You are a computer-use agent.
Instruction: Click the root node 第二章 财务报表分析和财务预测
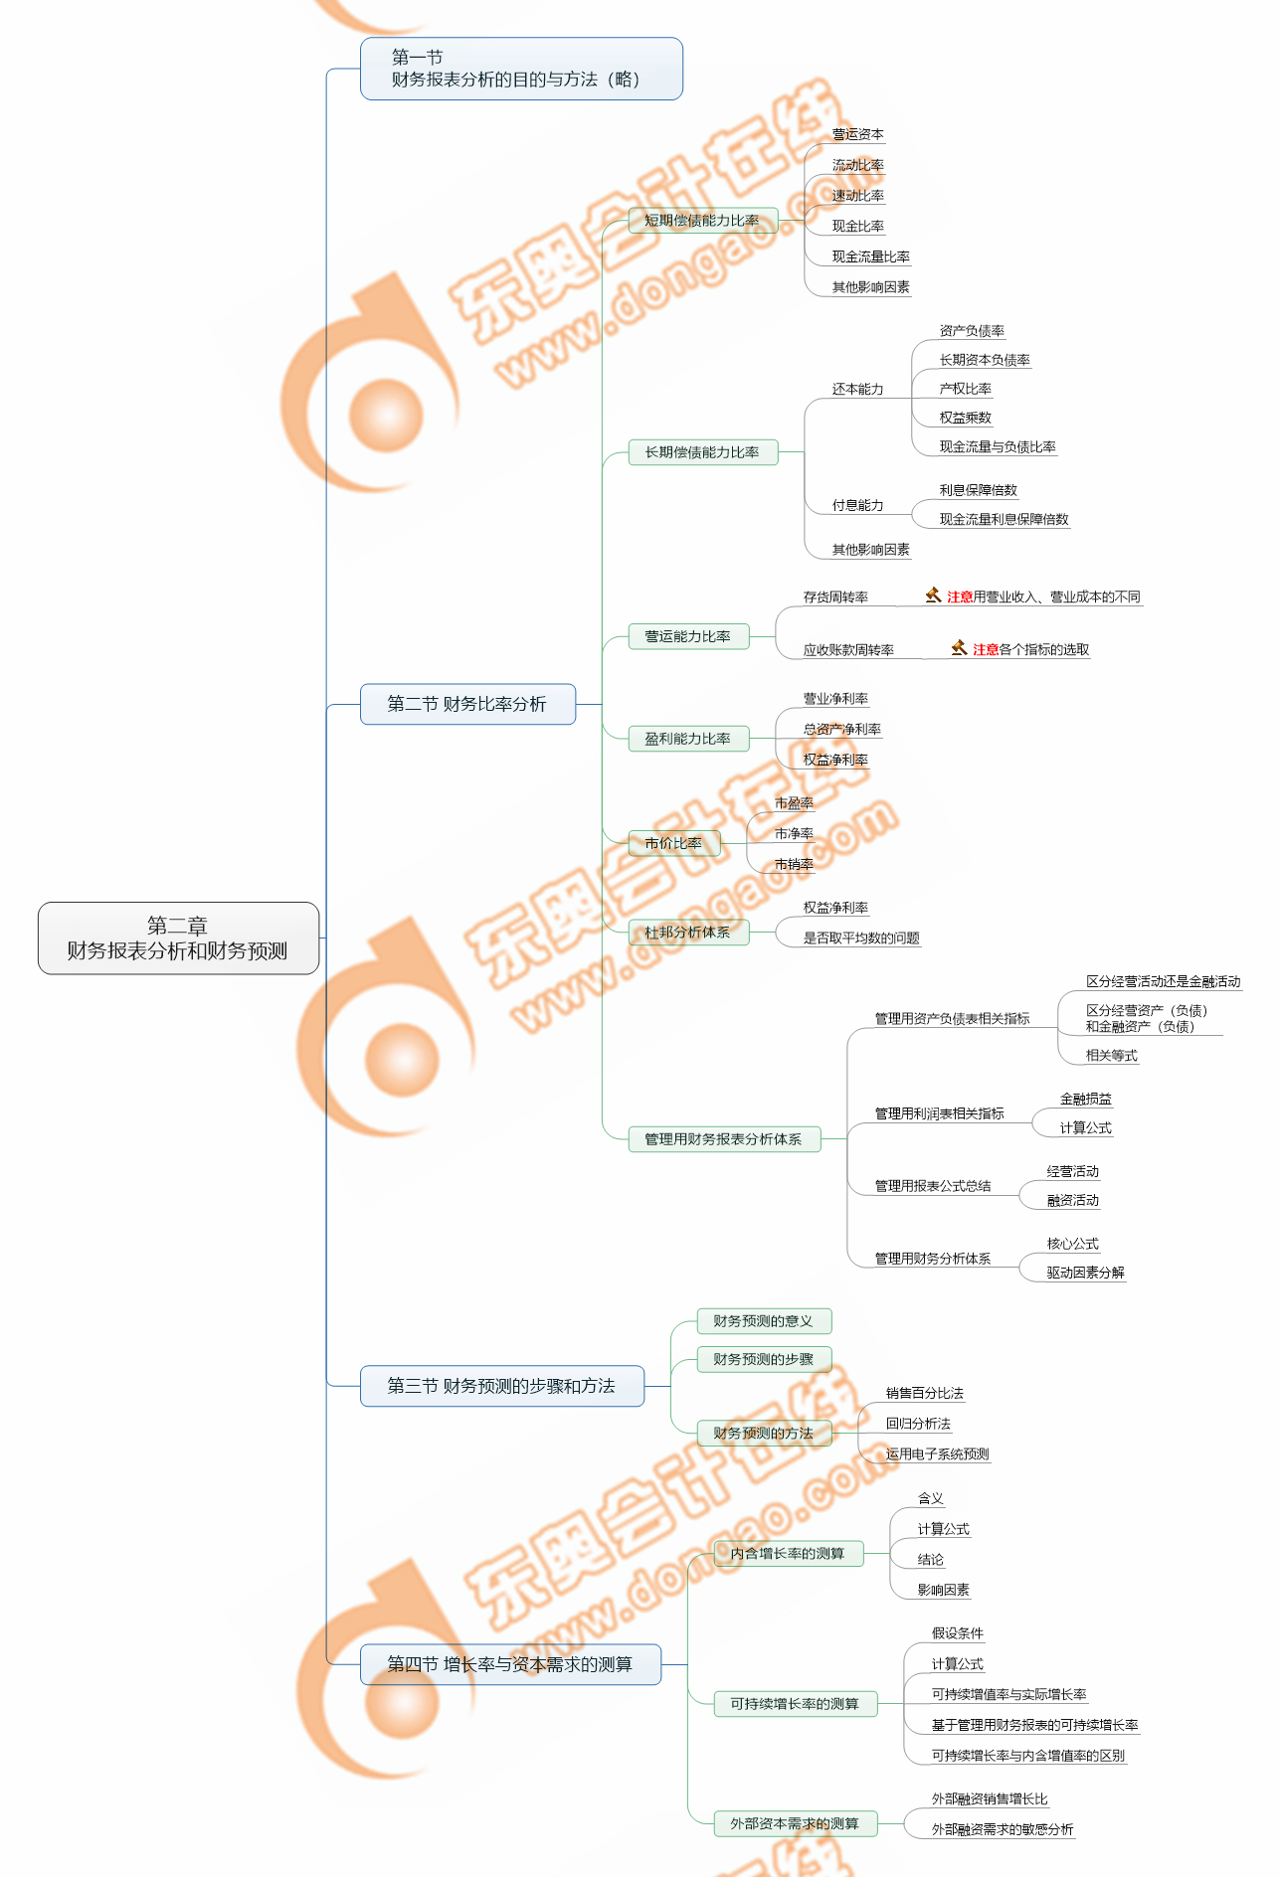[x=178, y=938]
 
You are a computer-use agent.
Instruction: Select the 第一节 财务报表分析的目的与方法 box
[x=520, y=69]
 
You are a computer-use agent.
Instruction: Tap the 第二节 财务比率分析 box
[x=466, y=704]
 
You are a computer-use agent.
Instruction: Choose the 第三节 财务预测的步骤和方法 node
[x=501, y=1386]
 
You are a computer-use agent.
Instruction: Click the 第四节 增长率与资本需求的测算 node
[x=509, y=1664]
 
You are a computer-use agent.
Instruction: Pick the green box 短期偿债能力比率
[x=702, y=221]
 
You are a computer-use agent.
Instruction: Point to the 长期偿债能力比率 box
[x=702, y=452]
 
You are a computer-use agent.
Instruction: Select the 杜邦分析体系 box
[x=687, y=933]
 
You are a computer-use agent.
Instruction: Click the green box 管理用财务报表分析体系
[x=723, y=1139]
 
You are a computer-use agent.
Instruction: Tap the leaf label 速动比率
[x=857, y=196]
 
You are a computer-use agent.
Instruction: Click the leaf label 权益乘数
[x=965, y=418]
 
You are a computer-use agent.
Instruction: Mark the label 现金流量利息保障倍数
[x=1004, y=519]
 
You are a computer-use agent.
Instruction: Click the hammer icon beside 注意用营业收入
[x=933, y=596]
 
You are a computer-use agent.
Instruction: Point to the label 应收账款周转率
[x=848, y=650]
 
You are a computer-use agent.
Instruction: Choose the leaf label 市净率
[x=794, y=834]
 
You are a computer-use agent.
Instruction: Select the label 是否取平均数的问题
[x=861, y=938]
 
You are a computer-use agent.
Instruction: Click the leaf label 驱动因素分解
[x=1085, y=1273]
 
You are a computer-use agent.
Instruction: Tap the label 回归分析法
[x=918, y=1424]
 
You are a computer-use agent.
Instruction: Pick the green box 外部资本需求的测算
[x=795, y=1823]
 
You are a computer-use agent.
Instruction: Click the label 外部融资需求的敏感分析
[x=1002, y=1829]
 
